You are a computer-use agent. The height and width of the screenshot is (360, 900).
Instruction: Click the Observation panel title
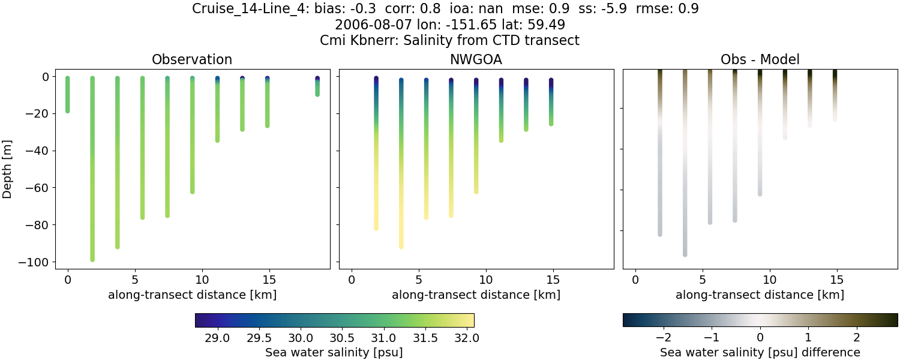(x=192, y=59)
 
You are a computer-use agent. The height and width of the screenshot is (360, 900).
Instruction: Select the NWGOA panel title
(x=476, y=59)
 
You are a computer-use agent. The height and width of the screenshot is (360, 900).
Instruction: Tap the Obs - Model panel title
(x=760, y=59)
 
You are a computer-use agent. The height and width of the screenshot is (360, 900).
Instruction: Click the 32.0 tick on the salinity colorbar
(x=466, y=338)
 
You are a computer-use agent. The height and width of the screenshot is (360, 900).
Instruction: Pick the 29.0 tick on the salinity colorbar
(x=217, y=338)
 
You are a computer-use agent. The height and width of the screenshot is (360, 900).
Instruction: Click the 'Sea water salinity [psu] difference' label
(x=760, y=352)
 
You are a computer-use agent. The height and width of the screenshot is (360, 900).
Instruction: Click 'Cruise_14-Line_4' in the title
(x=247, y=9)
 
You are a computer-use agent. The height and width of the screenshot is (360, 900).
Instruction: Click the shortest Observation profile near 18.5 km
(x=317, y=86)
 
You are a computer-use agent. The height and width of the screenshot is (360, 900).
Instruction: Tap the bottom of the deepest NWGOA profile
(x=401, y=246)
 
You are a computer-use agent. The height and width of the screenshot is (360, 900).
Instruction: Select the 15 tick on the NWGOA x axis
(x=553, y=279)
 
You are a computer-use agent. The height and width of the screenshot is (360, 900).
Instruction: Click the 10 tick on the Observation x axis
(x=202, y=279)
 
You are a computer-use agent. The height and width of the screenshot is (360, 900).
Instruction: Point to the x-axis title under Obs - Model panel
(x=760, y=295)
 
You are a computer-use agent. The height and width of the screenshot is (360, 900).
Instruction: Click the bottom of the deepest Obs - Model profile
(x=685, y=254)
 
